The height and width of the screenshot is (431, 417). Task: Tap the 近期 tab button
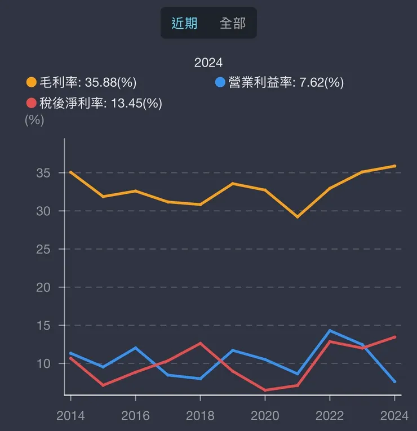pos(184,23)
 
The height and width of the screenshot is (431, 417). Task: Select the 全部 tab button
pos(232,23)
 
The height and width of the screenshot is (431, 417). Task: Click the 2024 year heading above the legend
pos(208,63)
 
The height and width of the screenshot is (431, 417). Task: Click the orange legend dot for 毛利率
pos(32,83)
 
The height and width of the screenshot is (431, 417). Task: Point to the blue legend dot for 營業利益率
pos(220,83)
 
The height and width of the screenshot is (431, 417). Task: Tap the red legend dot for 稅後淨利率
pos(32,103)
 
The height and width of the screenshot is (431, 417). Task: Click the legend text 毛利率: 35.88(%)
pos(87,83)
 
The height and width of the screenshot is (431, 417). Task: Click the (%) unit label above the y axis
pos(34,120)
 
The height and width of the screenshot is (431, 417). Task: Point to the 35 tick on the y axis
pos(43,173)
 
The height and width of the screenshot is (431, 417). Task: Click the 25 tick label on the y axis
pos(43,249)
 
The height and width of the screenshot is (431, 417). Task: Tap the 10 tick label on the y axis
pos(43,363)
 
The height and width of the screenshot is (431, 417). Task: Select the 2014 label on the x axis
pos(70,416)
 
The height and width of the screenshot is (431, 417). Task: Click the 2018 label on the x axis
pos(200,416)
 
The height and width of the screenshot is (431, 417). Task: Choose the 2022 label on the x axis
pos(330,416)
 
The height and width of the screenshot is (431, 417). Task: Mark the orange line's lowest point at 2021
pos(298,217)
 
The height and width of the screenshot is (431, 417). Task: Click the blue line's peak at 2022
pos(330,330)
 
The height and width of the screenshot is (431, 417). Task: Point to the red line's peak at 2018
pos(200,343)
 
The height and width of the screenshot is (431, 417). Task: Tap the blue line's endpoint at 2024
pos(394,381)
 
